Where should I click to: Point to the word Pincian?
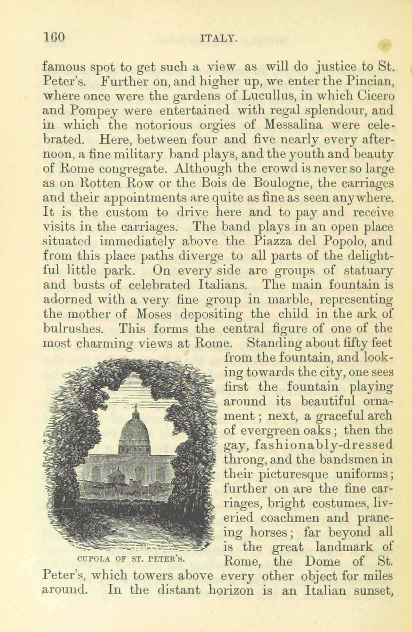coord(370,81)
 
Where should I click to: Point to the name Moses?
coord(154,314)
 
